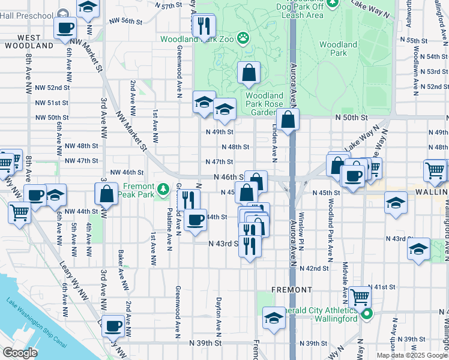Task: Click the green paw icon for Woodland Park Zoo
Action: tap(243, 39)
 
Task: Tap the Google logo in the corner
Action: tap(19, 353)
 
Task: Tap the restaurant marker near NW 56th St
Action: tap(203, 25)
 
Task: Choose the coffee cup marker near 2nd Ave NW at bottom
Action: tap(112, 326)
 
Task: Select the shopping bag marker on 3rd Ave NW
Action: tap(106, 194)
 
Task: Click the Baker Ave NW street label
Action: tap(121, 269)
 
